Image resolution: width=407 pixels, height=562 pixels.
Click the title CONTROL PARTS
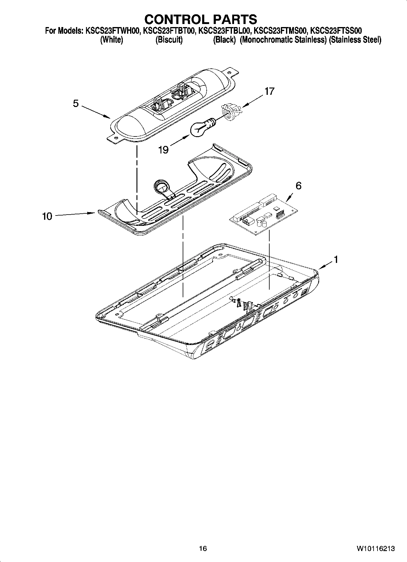[x=201, y=19]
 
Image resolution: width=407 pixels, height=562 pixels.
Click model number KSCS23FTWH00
[x=111, y=31]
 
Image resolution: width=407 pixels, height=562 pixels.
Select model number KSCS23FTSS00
[x=336, y=31]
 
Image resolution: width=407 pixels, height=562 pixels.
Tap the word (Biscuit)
[x=169, y=40]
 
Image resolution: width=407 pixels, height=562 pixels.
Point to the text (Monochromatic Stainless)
[x=283, y=40]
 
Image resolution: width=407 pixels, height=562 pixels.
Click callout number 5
[x=76, y=104]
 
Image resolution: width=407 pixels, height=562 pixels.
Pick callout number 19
[x=164, y=150]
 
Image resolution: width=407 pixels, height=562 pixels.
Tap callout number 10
[x=47, y=216]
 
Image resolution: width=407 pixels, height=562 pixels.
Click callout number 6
[x=298, y=185]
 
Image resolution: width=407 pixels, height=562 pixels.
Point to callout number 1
[x=336, y=259]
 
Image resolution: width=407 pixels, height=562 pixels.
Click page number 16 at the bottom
[x=203, y=548]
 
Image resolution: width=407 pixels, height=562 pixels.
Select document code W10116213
[x=376, y=548]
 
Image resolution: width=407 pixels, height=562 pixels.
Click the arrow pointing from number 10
[x=74, y=214]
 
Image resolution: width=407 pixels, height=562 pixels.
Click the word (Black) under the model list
[x=224, y=40]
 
